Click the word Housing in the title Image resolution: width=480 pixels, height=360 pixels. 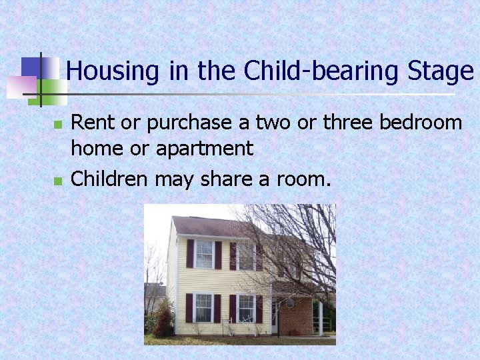click(x=113, y=71)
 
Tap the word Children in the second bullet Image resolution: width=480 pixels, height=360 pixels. click(x=110, y=178)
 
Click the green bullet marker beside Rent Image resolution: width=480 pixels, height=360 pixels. click(x=58, y=125)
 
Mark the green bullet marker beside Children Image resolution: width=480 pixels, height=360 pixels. click(x=58, y=181)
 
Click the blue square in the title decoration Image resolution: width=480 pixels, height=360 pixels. click(x=31, y=67)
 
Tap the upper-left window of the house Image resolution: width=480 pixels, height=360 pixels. click(x=204, y=254)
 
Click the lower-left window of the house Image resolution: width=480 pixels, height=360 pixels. click(x=203, y=307)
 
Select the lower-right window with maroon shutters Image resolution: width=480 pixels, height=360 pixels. click(x=246, y=308)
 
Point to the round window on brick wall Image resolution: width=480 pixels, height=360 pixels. click(x=290, y=303)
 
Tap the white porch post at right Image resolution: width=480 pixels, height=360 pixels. click(x=321, y=318)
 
